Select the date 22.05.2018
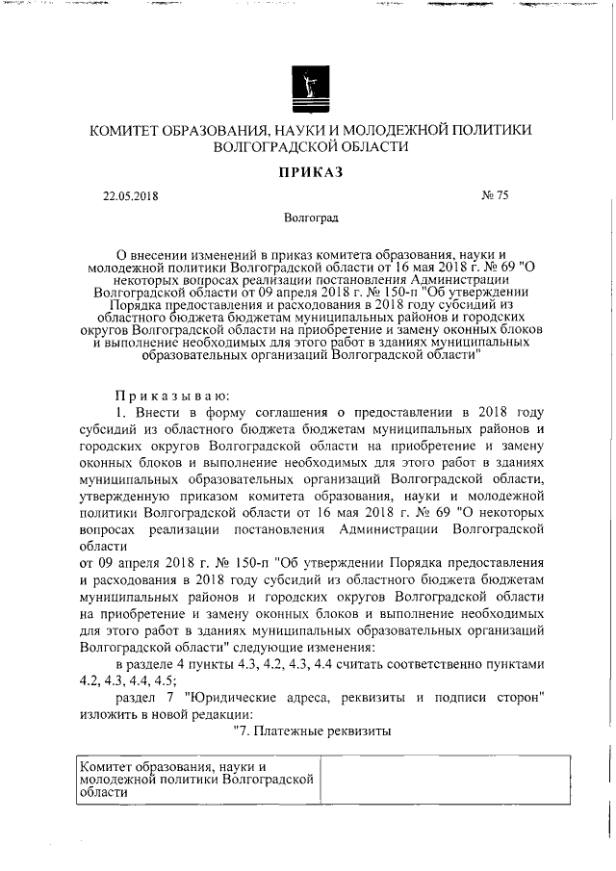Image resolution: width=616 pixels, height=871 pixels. (x=130, y=196)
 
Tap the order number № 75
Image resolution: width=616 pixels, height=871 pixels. (x=495, y=196)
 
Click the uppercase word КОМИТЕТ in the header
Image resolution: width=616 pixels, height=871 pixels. (x=131, y=130)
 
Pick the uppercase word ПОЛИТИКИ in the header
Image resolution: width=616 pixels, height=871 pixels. (x=491, y=130)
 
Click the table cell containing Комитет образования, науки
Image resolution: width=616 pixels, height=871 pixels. (x=196, y=780)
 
